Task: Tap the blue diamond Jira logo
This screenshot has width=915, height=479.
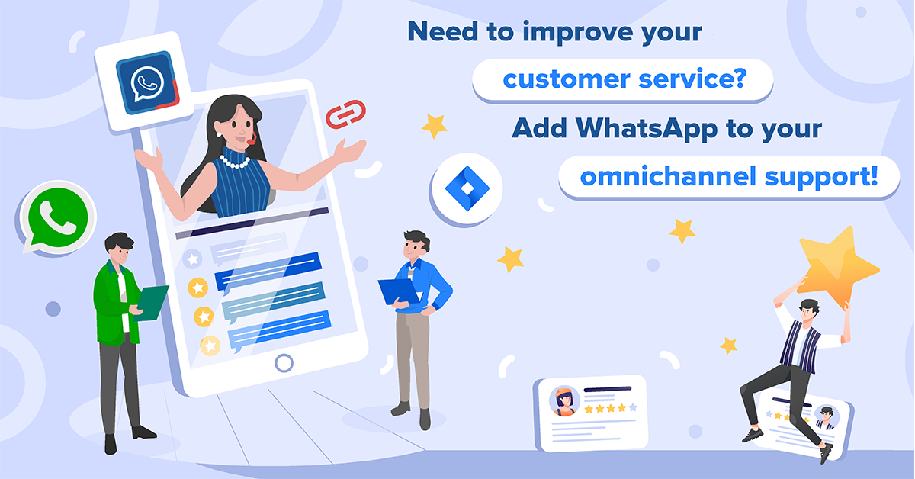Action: pos(467,188)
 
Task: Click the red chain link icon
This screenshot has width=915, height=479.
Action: pos(345,114)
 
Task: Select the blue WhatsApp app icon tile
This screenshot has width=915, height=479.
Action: pos(147,82)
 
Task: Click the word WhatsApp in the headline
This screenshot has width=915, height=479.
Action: pos(647,128)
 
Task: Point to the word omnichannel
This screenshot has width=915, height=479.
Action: pos(668,177)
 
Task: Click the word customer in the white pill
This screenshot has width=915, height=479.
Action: pos(567,79)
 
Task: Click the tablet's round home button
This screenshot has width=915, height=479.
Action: pos(284,363)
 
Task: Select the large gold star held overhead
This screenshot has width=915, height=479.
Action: pos(837,268)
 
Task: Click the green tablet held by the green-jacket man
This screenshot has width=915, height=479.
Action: pos(152,304)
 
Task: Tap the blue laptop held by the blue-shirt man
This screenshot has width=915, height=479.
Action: pos(400,291)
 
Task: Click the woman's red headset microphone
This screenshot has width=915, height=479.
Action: pos(252,140)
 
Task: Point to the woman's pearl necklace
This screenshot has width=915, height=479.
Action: pos(235,162)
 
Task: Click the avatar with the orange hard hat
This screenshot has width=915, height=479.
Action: pos(564,401)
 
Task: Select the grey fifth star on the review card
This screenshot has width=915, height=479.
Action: pos(633,407)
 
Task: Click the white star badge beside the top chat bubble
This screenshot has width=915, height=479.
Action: pos(192,259)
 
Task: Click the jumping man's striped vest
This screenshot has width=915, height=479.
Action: pos(799,346)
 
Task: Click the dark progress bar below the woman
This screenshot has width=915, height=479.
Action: pos(252,223)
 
